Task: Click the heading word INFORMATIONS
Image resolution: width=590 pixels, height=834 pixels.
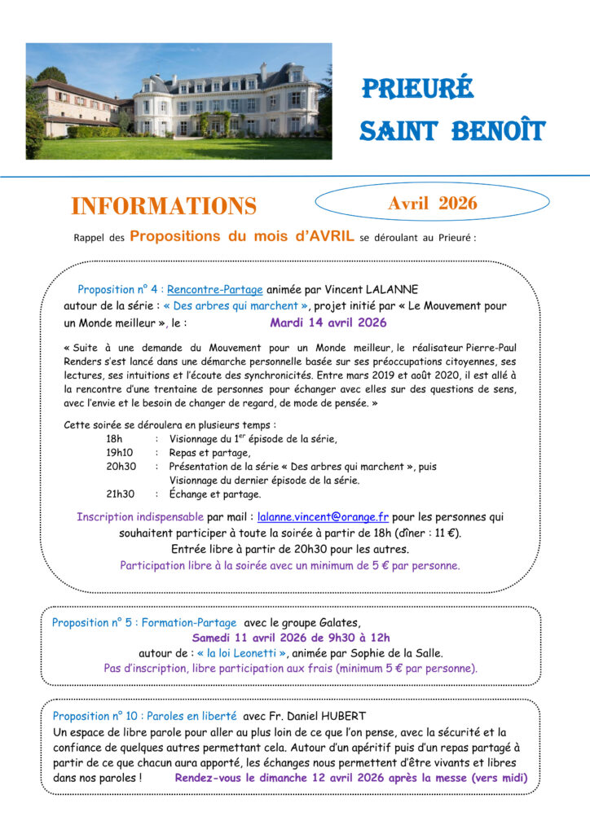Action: click(x=163, y=206)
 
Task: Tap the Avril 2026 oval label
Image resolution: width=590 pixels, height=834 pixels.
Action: click(x=432, y=203)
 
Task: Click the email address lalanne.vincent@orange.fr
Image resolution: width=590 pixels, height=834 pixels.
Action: click(x=324, y=516)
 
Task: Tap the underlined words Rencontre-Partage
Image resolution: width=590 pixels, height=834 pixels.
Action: click(x=215, y=290)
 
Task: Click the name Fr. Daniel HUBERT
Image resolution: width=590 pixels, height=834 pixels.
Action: click(x=321, y=716)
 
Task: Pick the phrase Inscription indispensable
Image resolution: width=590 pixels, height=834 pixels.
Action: click(x=140, y=516)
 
